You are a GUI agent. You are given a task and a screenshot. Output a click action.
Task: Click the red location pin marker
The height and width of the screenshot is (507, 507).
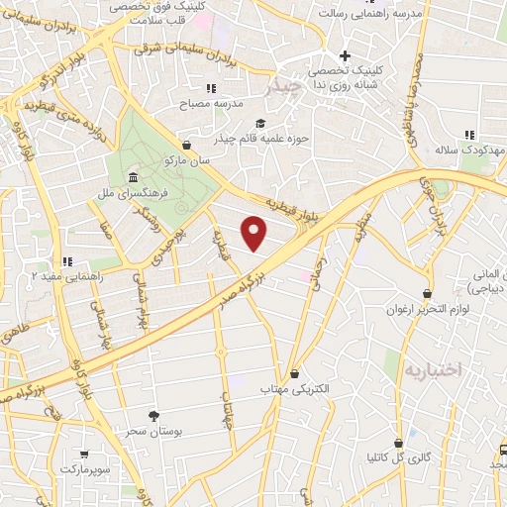(x=255, y=232)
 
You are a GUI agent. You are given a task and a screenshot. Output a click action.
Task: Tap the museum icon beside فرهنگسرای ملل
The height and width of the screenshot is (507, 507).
(x=133, y=177)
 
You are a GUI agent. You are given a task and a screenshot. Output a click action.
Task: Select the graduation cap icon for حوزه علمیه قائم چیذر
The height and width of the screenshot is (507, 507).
(x=260, y=124)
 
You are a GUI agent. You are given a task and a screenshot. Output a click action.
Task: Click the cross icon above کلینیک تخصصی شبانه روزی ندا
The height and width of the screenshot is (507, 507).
(x=345, y=55)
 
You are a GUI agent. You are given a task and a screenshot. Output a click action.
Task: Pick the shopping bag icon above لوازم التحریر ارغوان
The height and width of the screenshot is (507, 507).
(x=427, y=294)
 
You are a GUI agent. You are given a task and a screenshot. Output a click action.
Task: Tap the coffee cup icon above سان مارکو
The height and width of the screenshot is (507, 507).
(x=185, y=144)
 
